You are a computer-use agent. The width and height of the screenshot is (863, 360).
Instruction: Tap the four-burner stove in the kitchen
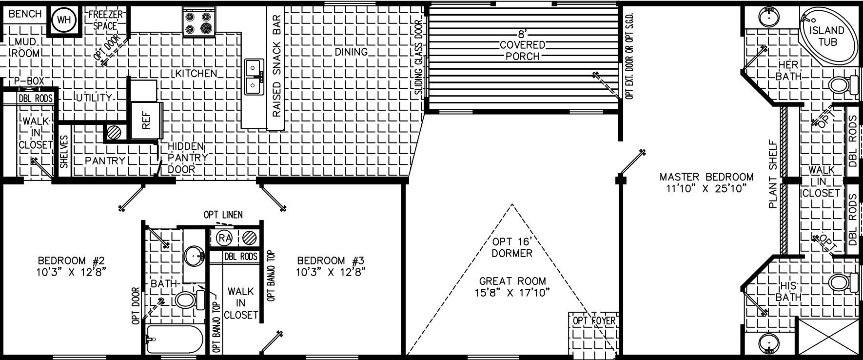coord(199,22)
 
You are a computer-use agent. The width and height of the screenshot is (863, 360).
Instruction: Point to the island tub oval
coord(827,36)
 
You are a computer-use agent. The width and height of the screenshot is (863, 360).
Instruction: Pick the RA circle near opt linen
coord(224,238)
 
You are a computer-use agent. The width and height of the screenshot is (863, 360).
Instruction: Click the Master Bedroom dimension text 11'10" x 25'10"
coord(706,189)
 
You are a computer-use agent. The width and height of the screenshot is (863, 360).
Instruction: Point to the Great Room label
coord(512,281)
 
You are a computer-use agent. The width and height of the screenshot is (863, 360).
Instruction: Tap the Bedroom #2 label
coord(71,260)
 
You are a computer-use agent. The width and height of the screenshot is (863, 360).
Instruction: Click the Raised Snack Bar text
coord(276,66)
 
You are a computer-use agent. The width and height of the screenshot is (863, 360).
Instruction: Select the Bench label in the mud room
coord(25,14)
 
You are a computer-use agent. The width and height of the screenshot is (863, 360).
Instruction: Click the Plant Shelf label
coord(772,175)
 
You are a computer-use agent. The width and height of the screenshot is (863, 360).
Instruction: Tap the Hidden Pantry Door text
coord(187,158)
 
